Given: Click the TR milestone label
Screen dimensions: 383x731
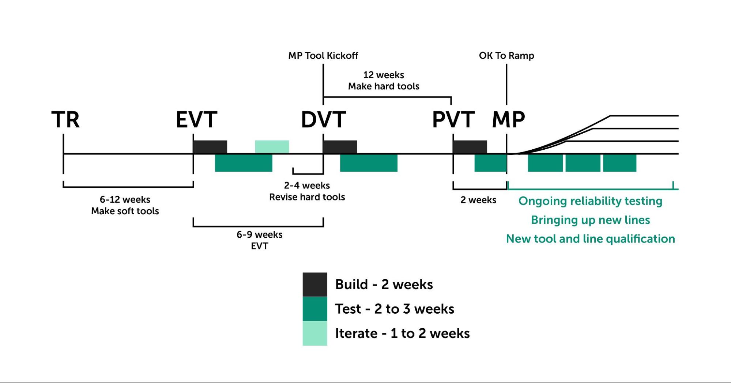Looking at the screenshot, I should (65, 119).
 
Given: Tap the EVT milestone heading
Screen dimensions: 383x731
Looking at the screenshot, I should (196, 119).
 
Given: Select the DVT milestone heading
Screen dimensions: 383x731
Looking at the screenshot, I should (323, 119).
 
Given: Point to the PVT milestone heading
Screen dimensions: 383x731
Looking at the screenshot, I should (453, 119).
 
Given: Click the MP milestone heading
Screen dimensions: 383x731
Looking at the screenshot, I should (508, 119).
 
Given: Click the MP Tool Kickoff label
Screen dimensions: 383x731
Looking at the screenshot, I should (323, 55).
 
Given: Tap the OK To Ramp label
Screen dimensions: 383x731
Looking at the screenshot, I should (506, 55).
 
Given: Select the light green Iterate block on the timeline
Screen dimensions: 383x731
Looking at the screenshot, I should (272, 147).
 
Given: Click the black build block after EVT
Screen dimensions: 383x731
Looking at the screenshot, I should (210, 147).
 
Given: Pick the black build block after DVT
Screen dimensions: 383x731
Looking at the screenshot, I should (340, 147).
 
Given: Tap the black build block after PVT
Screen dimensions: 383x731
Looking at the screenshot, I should (470, 147).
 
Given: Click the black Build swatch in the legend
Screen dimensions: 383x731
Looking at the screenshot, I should (314, 284).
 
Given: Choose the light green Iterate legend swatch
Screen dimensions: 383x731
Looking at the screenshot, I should (314, 333).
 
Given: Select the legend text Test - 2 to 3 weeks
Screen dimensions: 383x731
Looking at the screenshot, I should (395, 309).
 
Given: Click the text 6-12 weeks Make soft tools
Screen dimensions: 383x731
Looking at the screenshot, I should (125, 205).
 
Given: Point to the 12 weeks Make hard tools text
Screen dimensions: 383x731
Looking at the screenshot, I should (384, 80).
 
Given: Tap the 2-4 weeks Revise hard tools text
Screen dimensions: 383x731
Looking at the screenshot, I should (307, 191).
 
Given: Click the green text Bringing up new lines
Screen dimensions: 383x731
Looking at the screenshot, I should (590, 220).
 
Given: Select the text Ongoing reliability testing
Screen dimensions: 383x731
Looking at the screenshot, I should (590, 201).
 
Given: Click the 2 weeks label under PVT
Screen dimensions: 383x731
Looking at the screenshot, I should (478, 200).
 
